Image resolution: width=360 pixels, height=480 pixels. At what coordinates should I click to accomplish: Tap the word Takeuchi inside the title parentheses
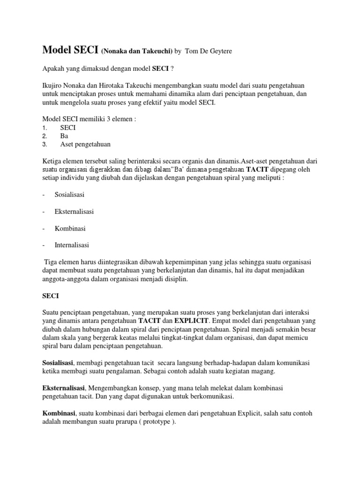[x=156, y=51]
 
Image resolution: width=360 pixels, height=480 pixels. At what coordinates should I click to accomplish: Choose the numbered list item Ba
[x=64, y=136]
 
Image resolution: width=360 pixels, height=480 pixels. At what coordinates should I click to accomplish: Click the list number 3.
[x=44, y=144]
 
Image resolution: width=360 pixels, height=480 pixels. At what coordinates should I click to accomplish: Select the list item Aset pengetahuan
[x=85, y=144]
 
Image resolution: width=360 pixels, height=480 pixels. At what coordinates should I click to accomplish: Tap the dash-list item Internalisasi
[x=72, y=245]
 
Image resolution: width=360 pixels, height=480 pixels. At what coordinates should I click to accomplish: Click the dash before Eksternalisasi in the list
[x=43, y=211]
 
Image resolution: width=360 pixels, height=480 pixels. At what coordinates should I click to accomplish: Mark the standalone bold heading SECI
[x=51, y=296]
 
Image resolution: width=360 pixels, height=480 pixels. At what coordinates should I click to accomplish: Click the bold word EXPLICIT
[x=193, y=321]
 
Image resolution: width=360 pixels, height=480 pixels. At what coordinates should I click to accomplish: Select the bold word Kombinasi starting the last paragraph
[x=59, y=414]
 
